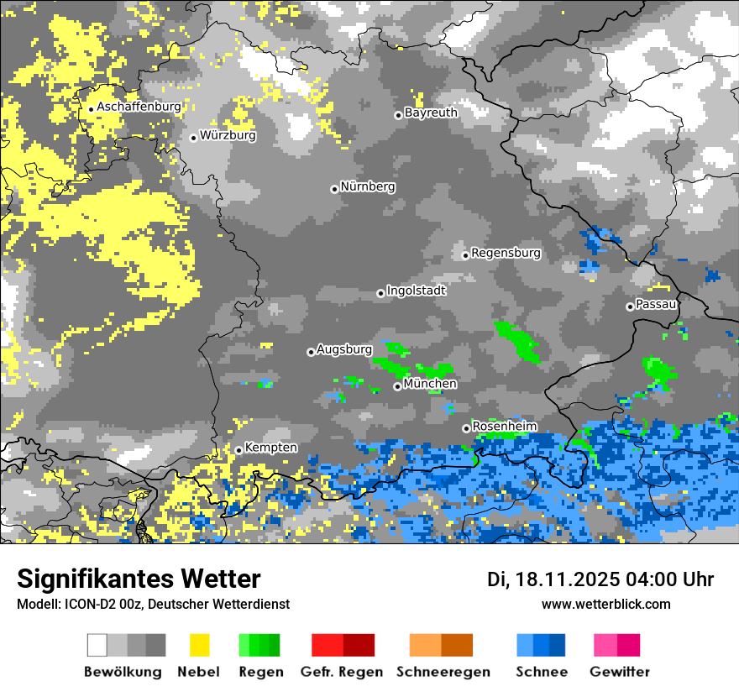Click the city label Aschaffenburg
139,107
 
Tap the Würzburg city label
228,135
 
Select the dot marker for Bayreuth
398,115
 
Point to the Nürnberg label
368,186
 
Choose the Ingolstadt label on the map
417,291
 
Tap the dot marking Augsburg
311,352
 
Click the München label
430,384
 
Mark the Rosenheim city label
505,427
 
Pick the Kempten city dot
238,450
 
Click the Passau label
657,304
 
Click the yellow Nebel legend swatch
199,645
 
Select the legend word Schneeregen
443,672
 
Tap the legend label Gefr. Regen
342,672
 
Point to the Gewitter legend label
620,672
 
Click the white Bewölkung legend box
97,645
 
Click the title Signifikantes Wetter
139,579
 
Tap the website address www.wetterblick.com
605,604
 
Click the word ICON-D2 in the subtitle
84,604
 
